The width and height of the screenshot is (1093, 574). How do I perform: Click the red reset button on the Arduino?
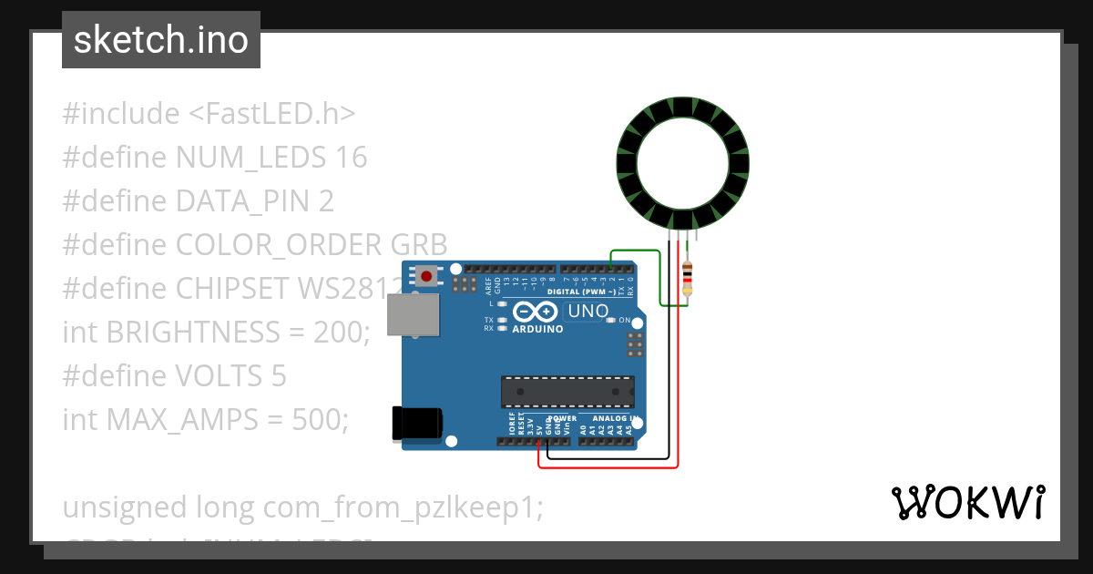click(x=426, y=275)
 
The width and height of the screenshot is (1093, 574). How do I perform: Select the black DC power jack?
click(x=415, y=425)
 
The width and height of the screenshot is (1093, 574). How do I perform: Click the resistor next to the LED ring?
click(x=688, y=277)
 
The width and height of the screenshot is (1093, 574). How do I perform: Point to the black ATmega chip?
click(x=567, y=391)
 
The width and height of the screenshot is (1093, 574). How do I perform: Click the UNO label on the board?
click(x=587, y=312)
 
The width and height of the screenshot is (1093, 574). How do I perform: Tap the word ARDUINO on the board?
click(x=537, y=329)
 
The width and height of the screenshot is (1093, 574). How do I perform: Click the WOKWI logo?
click(x=966, y=502)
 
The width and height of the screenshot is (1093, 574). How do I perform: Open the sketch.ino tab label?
click(x=161, y=40)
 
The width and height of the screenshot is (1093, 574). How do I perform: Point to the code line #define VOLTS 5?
click(x=174, y=375)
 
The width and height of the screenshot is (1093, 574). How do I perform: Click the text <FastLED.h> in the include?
click(x=272, y=114)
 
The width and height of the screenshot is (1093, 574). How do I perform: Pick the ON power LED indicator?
click(x=612, y=321)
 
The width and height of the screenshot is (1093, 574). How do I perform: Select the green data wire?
click(x=638, y=251)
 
